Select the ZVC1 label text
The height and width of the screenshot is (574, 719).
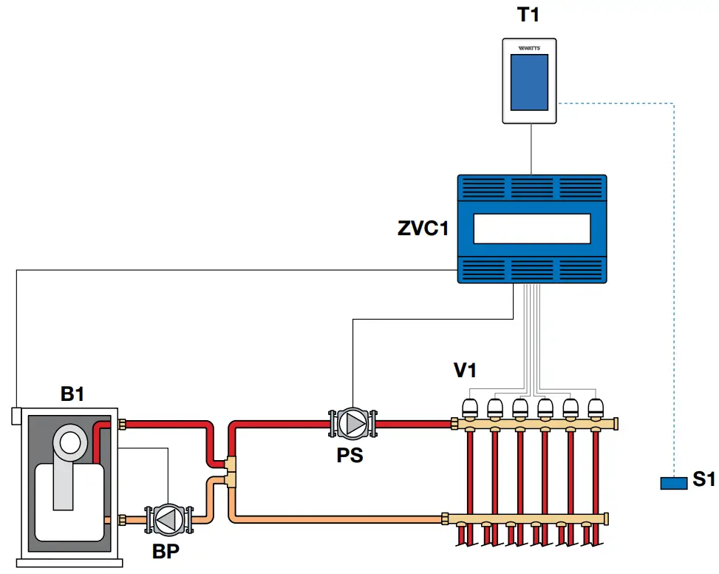[x=423, y=229]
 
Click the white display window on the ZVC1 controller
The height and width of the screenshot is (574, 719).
[x=531, y=229]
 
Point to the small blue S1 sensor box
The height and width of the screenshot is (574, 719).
[x=673, y=483]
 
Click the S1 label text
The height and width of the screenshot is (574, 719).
[x=703, y=480]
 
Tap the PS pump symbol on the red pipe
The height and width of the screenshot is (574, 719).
[x=352, y=424]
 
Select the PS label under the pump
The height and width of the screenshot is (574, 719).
[x=350, y=455]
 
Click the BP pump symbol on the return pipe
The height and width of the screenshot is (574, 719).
[x=168, y=520]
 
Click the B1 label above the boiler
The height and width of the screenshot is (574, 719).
[x=72, y=394]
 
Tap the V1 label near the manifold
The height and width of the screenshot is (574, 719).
[x=464, y=371]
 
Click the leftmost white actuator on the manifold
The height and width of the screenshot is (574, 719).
[x=469, y=407]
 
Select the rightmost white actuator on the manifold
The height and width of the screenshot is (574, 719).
[x=596, y=407]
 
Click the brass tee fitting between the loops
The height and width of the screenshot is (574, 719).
[x=231, y=471]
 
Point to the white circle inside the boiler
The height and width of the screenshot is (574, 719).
[x=71, y=442]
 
